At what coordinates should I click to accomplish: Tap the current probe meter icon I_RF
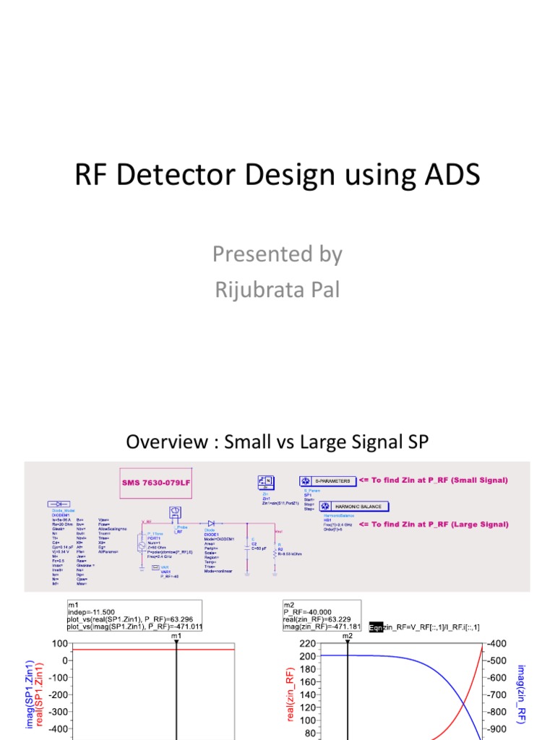click(x=173, y=512)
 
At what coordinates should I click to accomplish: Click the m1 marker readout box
click(x=134, y=614)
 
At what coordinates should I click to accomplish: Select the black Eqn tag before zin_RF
click(x=376, y=627)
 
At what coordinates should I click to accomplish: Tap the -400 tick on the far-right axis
click(x=497, y=643)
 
